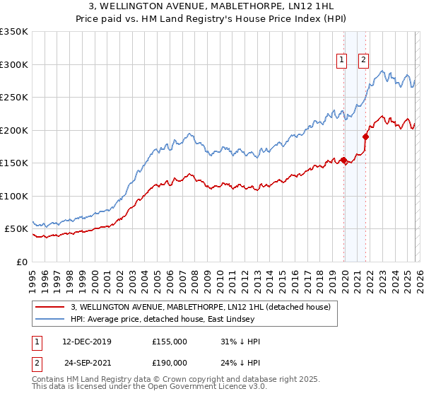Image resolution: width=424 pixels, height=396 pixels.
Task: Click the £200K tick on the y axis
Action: coord(14,130)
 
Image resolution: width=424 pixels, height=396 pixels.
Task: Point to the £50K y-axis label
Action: coord(16,229)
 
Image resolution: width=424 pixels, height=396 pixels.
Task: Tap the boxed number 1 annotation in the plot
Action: coord(342,60)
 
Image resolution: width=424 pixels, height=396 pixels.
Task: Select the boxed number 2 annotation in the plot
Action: coord(364,60)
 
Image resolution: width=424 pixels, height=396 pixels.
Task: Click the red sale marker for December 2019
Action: coord(343,160)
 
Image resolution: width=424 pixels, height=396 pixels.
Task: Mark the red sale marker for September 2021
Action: coord(366,136)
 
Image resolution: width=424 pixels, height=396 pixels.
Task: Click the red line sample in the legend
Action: coord(51,307)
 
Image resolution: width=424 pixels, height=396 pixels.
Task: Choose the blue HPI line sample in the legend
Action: coord(51,319)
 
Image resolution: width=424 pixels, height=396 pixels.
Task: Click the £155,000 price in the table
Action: coord(169,342)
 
